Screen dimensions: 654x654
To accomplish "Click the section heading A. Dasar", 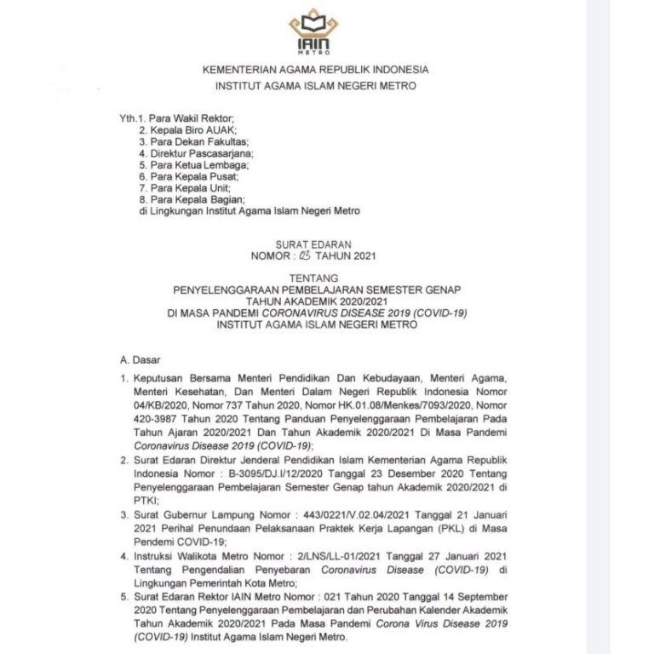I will pos(140,360).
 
